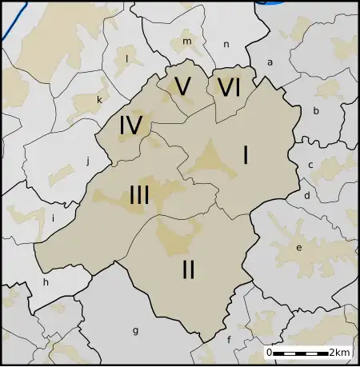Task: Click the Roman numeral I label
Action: (x=245, y=155)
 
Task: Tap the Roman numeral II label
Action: (x=188, y=270)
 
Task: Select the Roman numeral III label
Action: (x=139, y=194)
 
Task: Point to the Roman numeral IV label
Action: (x=130, y=126)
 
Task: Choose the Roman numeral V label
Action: (x=182, y=87)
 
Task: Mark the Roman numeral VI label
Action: (x=229, y=87)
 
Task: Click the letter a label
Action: (x=270, y=62)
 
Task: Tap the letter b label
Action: (x=316, y=111)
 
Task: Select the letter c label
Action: (x=310, y=166)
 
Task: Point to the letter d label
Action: (x=306, y=195)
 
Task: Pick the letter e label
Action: (x=299, y=248)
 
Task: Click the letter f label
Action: (x=230, y=339)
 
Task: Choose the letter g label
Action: (x=135, y=329)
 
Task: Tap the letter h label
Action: (x=46, y=281)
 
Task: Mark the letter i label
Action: (x=53, y=217)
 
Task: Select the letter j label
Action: (x=87, y=159)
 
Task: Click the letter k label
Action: (x=99, y=99)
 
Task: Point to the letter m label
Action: (x=187, y=41)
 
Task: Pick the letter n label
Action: (x=226, y=45)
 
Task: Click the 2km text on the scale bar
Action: (x=339, y=353)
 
